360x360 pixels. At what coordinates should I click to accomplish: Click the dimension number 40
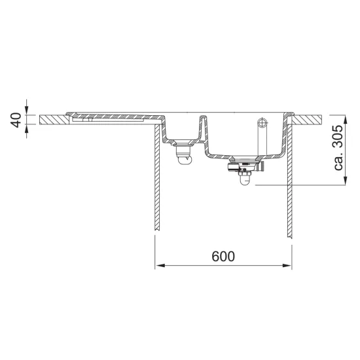coord(16,120)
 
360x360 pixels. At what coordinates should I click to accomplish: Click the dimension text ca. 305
coord(338,147)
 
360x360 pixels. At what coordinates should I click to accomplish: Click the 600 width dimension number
coord(223,257)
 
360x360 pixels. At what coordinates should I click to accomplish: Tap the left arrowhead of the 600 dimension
coord(160,266)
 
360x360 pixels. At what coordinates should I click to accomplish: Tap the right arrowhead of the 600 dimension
coord(287,266)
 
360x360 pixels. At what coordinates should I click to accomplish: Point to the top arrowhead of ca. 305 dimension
coord(345,119)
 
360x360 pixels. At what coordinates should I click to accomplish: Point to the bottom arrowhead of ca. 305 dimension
coord(345,181)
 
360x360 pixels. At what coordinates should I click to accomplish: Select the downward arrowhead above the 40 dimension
coord(27,110)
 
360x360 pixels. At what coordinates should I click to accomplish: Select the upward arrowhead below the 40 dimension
coord(27,129)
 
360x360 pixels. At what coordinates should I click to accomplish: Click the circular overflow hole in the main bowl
coord(262,122)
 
